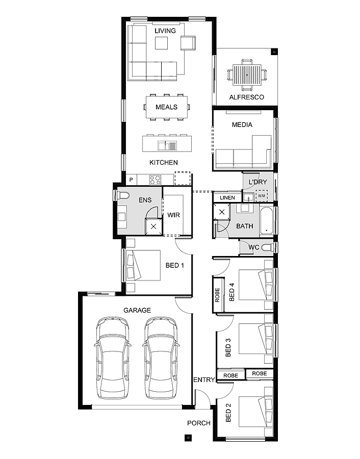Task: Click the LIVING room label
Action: click(165, 31)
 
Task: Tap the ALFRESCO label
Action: click(246, 97)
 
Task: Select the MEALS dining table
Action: click(167, 107)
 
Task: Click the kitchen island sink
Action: click(167, 146)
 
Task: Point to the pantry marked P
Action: click(131, 180)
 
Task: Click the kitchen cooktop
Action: click(155, 180)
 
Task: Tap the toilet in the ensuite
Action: click(122, 195)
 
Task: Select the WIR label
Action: click(174, 215)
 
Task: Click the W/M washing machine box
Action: click(262, 196)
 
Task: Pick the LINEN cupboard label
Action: click(227, 198)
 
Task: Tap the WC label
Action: click(254, 247)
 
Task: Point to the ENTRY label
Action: click(203, 380)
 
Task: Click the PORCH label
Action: click(199, 423)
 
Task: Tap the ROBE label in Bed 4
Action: click(218, 295)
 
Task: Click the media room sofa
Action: click(243, 156)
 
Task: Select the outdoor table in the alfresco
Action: click(246, 74)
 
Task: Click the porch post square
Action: click(188, 437)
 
